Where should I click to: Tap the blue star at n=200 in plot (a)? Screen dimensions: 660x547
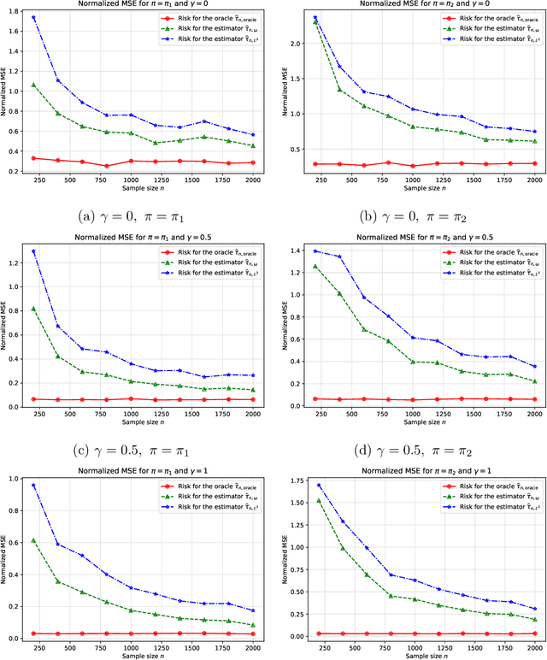33,17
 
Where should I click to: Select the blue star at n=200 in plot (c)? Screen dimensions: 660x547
33,251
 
